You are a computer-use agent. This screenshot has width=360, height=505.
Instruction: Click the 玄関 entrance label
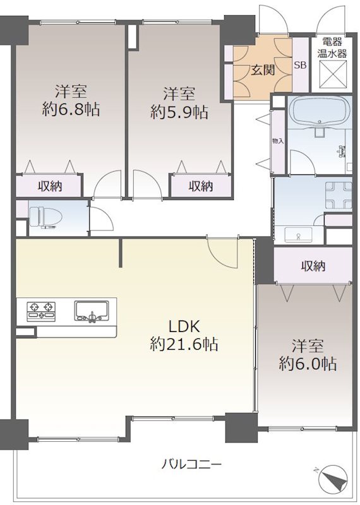tap(263, 70)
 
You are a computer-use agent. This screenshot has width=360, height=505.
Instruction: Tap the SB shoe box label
tap(300, 65)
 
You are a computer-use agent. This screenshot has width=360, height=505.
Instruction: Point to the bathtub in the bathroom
tap(320, 111)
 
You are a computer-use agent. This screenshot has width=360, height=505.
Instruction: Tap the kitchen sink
tap(91, 311)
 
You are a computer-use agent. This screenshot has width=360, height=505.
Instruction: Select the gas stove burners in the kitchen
tap(41, 311)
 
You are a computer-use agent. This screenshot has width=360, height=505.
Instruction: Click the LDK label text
tap(184, 326)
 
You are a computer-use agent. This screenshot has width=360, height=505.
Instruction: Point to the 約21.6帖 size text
tap(184, 344)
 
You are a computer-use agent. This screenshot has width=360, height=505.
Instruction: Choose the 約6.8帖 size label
tap(71, 109)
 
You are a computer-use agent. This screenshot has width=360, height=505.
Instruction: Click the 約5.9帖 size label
tap(179, 112)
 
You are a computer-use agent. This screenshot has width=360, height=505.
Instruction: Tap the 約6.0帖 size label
tap(308, 364)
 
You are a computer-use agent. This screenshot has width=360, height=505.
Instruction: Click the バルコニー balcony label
tap(191, 464)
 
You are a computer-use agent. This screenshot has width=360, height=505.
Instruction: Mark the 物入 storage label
tap(278, 141)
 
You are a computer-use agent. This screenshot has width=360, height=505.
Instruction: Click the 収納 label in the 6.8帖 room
tap(50, 186)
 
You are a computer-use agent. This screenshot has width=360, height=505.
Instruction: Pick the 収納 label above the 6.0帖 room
tap(313, 266)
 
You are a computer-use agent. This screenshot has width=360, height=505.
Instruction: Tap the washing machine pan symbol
tap(339, 195)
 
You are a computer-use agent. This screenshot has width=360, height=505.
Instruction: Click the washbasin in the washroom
tap(298, 235)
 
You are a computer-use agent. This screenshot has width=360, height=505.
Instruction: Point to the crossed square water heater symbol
tap(333, 75)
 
